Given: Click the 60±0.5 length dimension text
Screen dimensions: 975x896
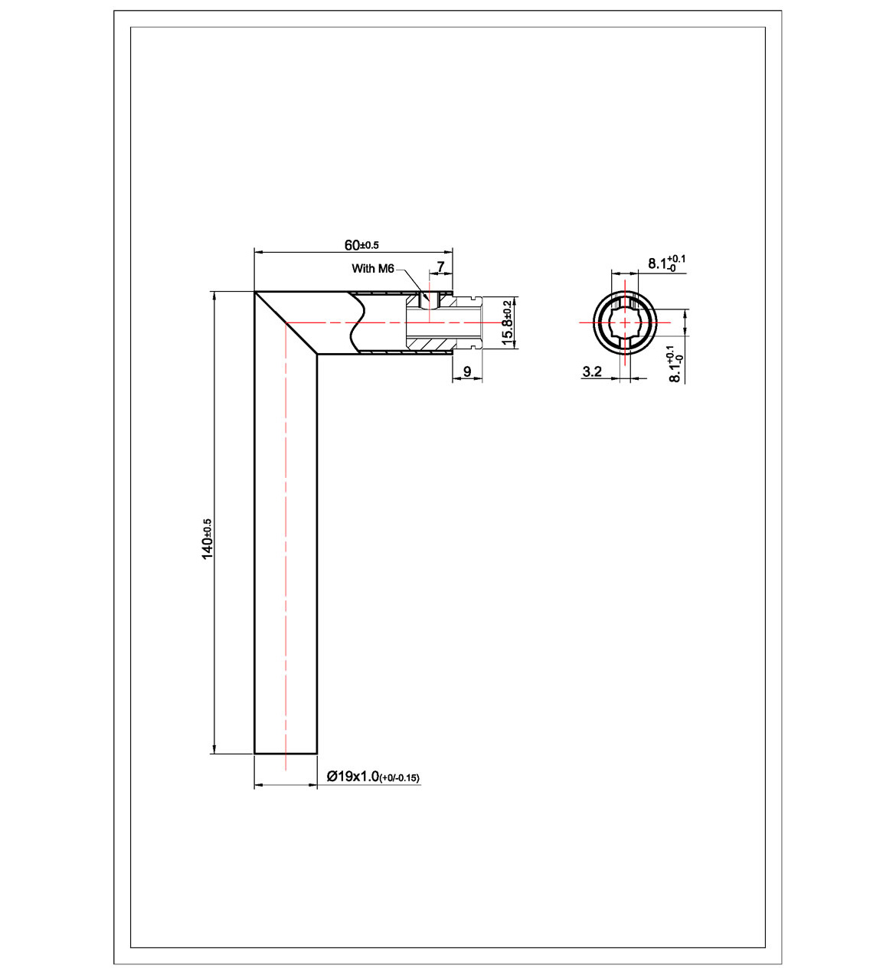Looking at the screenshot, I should [361, 245].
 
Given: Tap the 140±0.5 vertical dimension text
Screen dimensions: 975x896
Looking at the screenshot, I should [207, 538].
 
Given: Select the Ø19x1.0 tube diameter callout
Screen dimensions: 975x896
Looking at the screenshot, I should [373, 777].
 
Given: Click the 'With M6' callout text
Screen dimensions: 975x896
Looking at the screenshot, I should [372, 269].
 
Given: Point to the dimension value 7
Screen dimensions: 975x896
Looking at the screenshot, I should [440, 267].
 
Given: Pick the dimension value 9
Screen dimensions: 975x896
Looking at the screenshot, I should [467, 372].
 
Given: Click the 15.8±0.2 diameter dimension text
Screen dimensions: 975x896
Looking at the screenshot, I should [507, 322].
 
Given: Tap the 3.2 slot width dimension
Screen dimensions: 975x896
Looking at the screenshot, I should [592, 371].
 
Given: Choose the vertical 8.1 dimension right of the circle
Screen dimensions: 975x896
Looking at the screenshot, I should [675, 364].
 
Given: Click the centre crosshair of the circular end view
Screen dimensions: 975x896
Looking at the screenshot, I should [625, 322].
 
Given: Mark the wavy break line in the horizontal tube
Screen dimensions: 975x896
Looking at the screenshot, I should [357, 322].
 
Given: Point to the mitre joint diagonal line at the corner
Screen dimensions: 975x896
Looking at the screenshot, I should [286, 322].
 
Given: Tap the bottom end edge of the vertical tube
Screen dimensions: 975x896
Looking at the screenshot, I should [286, 754].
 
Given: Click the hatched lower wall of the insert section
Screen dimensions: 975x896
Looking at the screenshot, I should [429, 342].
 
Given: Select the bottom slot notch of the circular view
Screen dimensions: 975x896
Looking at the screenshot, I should [625, 345].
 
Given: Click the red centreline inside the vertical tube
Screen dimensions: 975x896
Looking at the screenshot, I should [286, 536].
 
